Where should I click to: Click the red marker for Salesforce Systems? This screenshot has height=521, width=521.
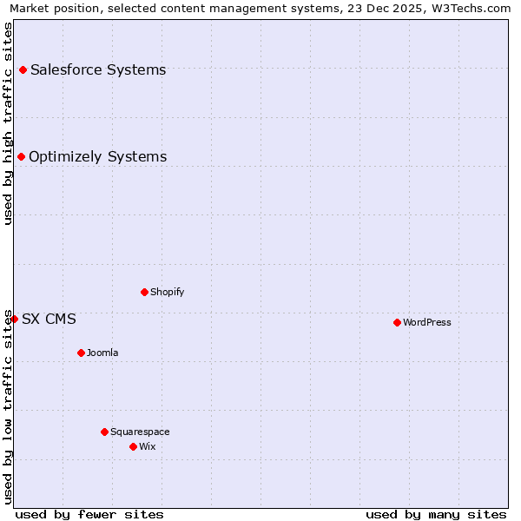click(x=23, y=69)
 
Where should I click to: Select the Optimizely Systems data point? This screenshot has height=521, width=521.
click(x=21, y=156)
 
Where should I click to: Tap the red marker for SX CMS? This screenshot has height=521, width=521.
click(x=14, y=319)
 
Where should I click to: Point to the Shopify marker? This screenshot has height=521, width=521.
click(x=144, y=292)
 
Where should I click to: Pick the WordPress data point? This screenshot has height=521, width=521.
click(x=397, y=322)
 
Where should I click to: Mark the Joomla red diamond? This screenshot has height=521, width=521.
click(x=81, y=353)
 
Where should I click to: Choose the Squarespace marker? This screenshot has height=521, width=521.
click(x=104, y=432)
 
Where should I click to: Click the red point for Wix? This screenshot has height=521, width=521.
click(x=133, y=446)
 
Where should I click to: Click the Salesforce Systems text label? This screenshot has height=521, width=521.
click(x=98, y=69)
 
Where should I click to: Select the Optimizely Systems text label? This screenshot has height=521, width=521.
click(x=97, y=156)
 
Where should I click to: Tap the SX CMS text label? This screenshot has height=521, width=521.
click(x=49, y=319)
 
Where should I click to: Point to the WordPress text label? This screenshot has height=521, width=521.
click(x=427, y=322)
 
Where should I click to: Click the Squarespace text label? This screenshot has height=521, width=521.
click(x=140, y=432)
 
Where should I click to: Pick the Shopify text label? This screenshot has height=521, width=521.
click(x=167, y=292)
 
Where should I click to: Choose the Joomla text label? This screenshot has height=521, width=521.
click(x=102, y=353)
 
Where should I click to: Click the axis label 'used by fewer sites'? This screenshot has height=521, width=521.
click(x=89, y=514)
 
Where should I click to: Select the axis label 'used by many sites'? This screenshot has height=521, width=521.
click(x=436, y=514)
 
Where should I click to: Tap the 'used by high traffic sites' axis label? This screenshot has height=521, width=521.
click(x=9, y=123)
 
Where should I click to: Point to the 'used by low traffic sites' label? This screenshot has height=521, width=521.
click(x=9, y=406)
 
